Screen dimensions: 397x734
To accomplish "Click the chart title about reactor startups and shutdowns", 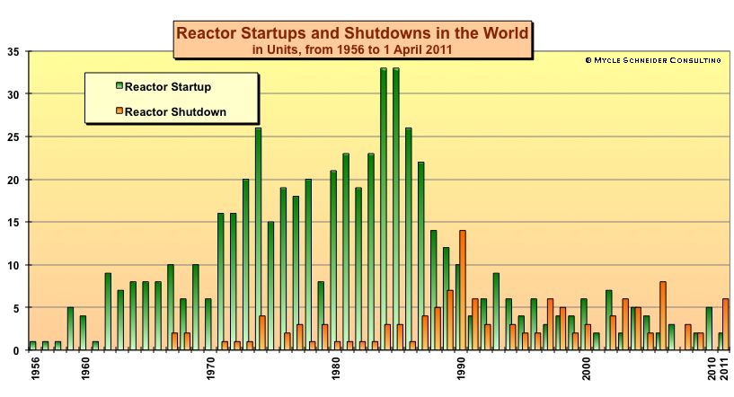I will (x=352, y=33).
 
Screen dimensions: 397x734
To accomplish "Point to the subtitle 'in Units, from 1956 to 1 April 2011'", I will (x=352, y=50).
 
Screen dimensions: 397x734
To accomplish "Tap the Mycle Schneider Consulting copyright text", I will (x=653, y=60).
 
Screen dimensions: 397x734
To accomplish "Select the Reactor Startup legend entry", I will (x=167, y=87).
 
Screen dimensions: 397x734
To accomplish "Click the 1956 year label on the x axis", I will (x=33, y=371).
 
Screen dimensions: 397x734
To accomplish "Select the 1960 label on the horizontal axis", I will (x=84, y=371).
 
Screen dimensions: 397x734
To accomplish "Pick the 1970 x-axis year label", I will (x=209, y=371).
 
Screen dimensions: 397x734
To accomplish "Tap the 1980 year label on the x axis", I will (x=335, y=371).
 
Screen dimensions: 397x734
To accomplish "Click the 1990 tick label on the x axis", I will (x=461, y=371).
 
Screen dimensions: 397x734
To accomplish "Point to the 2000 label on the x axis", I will (x=587, y=371).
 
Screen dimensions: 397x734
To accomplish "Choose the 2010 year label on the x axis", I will (x=712, y=371).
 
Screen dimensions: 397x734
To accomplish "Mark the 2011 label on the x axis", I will (x=724, y=371).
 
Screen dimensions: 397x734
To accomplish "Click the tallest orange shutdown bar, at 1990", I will (x=463, y=290).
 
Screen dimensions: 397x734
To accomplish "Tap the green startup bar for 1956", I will (x=32, y=346).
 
